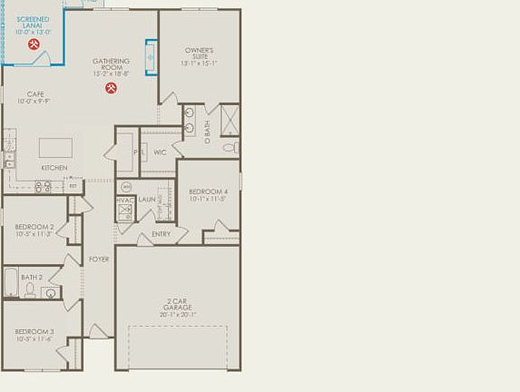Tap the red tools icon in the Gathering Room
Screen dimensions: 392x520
[111, 88]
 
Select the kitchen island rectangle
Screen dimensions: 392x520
[56, 147]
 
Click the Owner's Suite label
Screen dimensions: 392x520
[199, 50]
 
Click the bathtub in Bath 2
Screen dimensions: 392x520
[11, 282]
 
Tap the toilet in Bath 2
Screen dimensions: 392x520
[30, 290]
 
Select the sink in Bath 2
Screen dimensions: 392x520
[49, 292]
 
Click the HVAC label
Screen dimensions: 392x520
[125, 200]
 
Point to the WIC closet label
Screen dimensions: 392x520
[160, 152]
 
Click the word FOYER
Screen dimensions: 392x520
[98, 260]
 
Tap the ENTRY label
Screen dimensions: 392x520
[161, 234]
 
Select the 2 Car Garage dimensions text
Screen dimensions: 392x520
[178, 315]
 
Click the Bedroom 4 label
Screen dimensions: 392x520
[208, 191]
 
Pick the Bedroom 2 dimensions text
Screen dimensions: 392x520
[34, 234]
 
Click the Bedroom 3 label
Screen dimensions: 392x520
[34, 332]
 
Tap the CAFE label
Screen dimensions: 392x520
[35, 93]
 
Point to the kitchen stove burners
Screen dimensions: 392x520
[42, 187]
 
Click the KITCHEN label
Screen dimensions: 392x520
[54, 168]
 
